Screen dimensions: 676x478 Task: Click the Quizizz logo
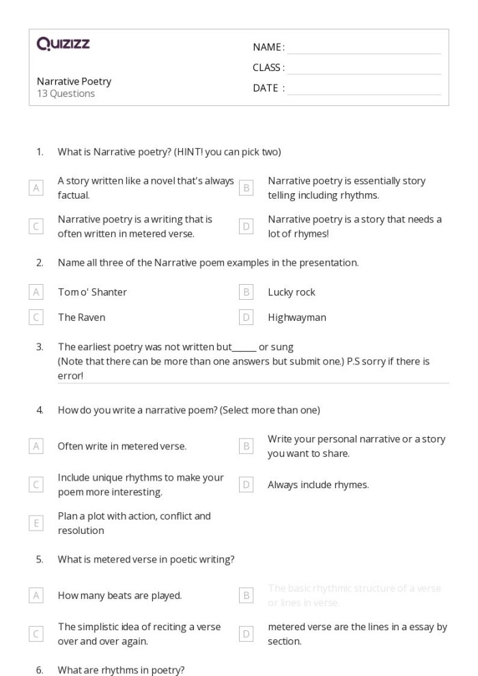click(63, 45)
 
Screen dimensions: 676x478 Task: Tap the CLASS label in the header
click(268, 68)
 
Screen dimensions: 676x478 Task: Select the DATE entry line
click(364, 90)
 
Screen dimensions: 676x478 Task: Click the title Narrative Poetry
click(74, 81)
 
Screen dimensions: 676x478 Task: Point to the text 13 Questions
click(66, 94)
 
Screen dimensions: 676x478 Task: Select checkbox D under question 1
click(247, 226)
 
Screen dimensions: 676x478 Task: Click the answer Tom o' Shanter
click(92, 292)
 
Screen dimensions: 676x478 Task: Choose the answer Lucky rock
click(292, 292)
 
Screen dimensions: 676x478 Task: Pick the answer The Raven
click(81, 318)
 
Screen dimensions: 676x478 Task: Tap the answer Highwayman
click(296, 318)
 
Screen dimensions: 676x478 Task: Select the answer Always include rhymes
click(318, 485)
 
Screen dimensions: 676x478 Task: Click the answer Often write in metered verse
click(122, 447)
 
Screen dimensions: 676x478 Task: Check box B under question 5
click(247, 595)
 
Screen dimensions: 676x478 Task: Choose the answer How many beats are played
click(119, 595)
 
